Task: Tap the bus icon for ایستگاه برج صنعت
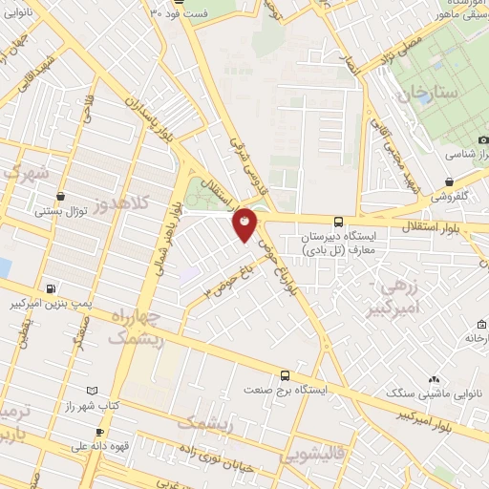click(x=285, y=375)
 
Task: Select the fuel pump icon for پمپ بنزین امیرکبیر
click(x=52, y=289)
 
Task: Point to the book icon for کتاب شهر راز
click(x=92, y=391)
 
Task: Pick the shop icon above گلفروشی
click(x=449, y=181)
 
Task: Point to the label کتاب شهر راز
click(x=92, y=406)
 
